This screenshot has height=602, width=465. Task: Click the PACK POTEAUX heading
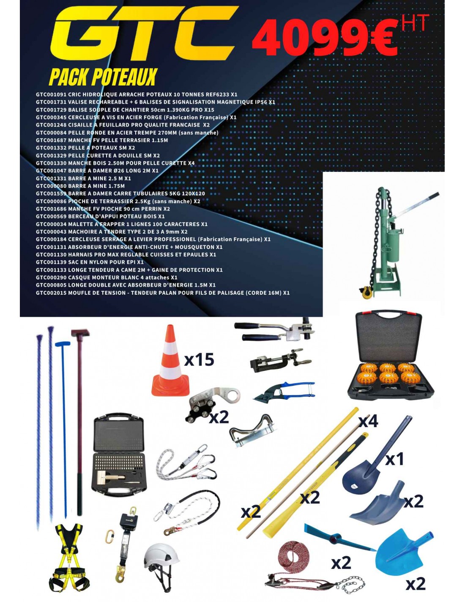(x=102, y=77)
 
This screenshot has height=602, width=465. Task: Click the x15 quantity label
(x=199, y=359)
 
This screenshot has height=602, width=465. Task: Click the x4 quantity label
(x=368, y=422)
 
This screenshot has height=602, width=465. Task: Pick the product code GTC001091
(x=51, y=94)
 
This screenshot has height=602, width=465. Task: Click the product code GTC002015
(x=51, y=293)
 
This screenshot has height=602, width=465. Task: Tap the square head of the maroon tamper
(x=80, y=332)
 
